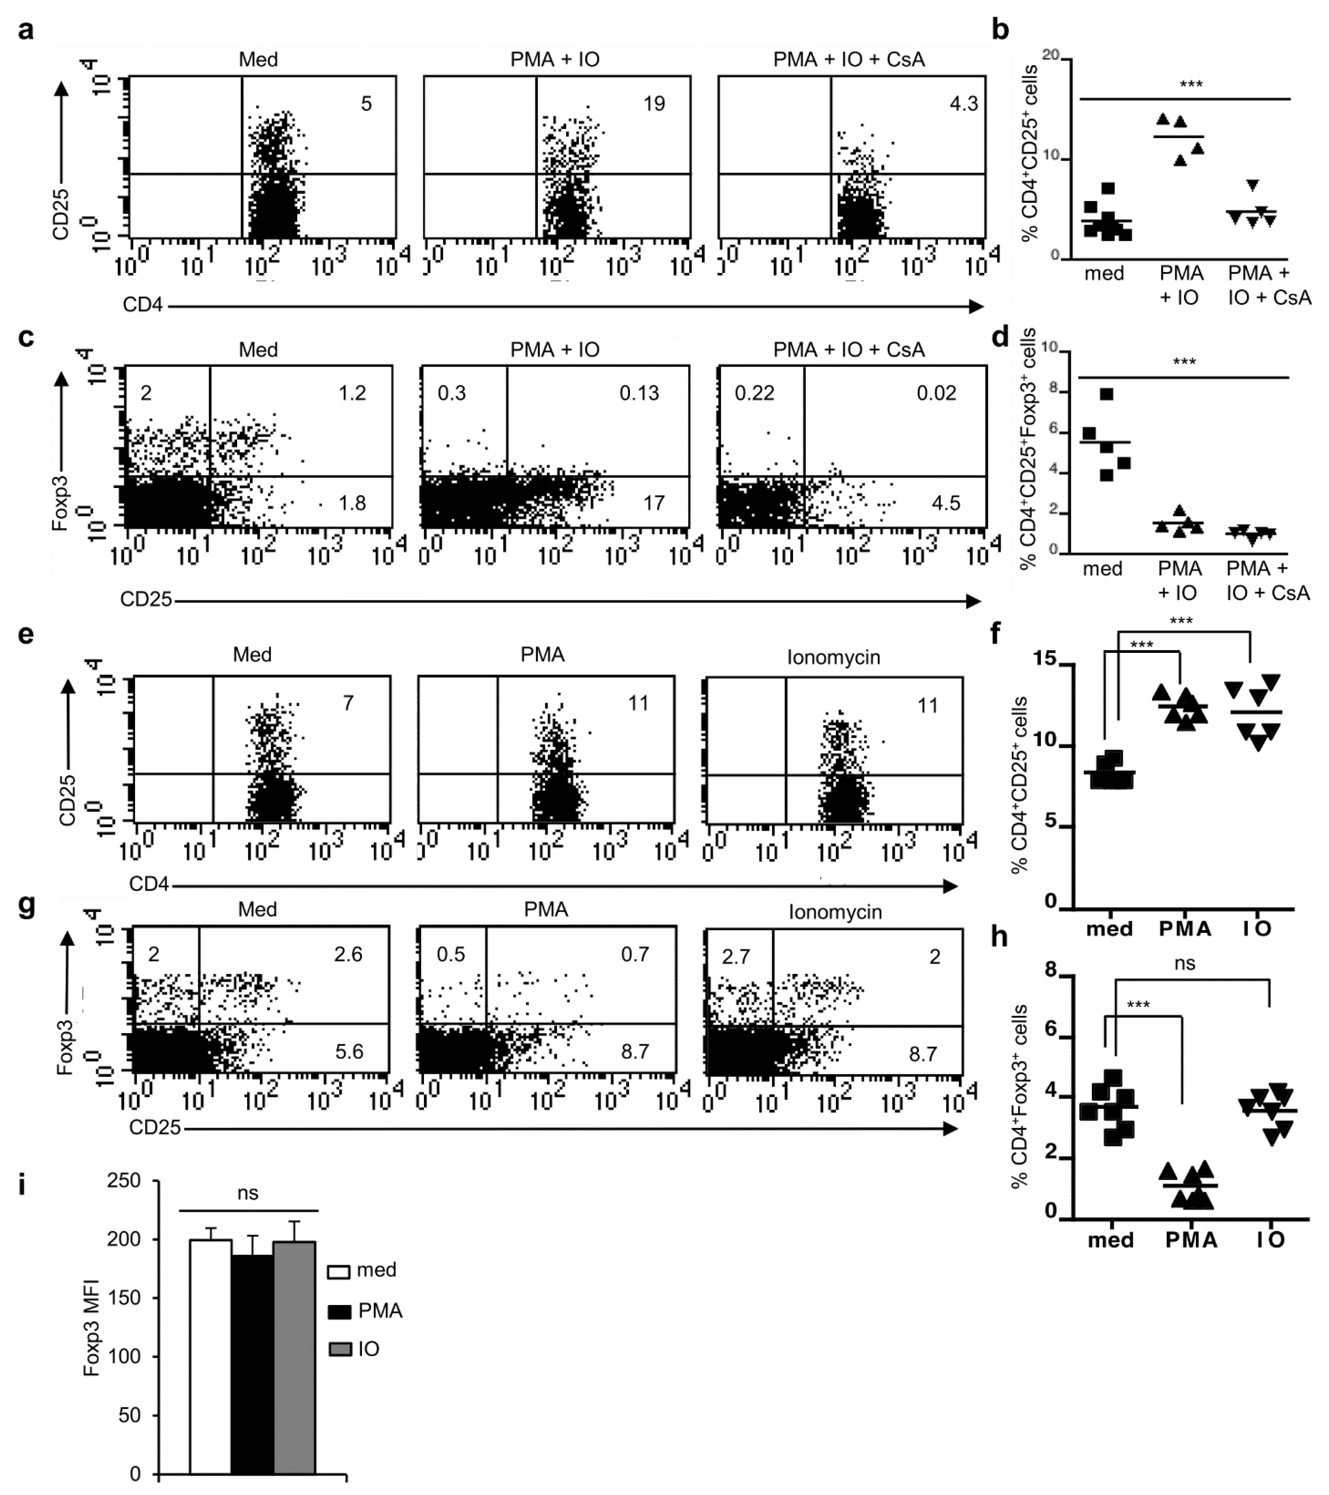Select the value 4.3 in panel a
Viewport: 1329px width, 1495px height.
[x=963, y=104]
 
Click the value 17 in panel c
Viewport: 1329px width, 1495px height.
[x=654, y=503]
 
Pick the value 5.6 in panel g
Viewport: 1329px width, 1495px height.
[x=349, y=1052]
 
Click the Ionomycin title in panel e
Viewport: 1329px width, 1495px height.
[x=834, y=658]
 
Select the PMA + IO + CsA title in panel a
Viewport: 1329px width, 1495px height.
[x=849, y=59]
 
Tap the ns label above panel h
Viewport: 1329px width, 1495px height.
[x=1184, y=964]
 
